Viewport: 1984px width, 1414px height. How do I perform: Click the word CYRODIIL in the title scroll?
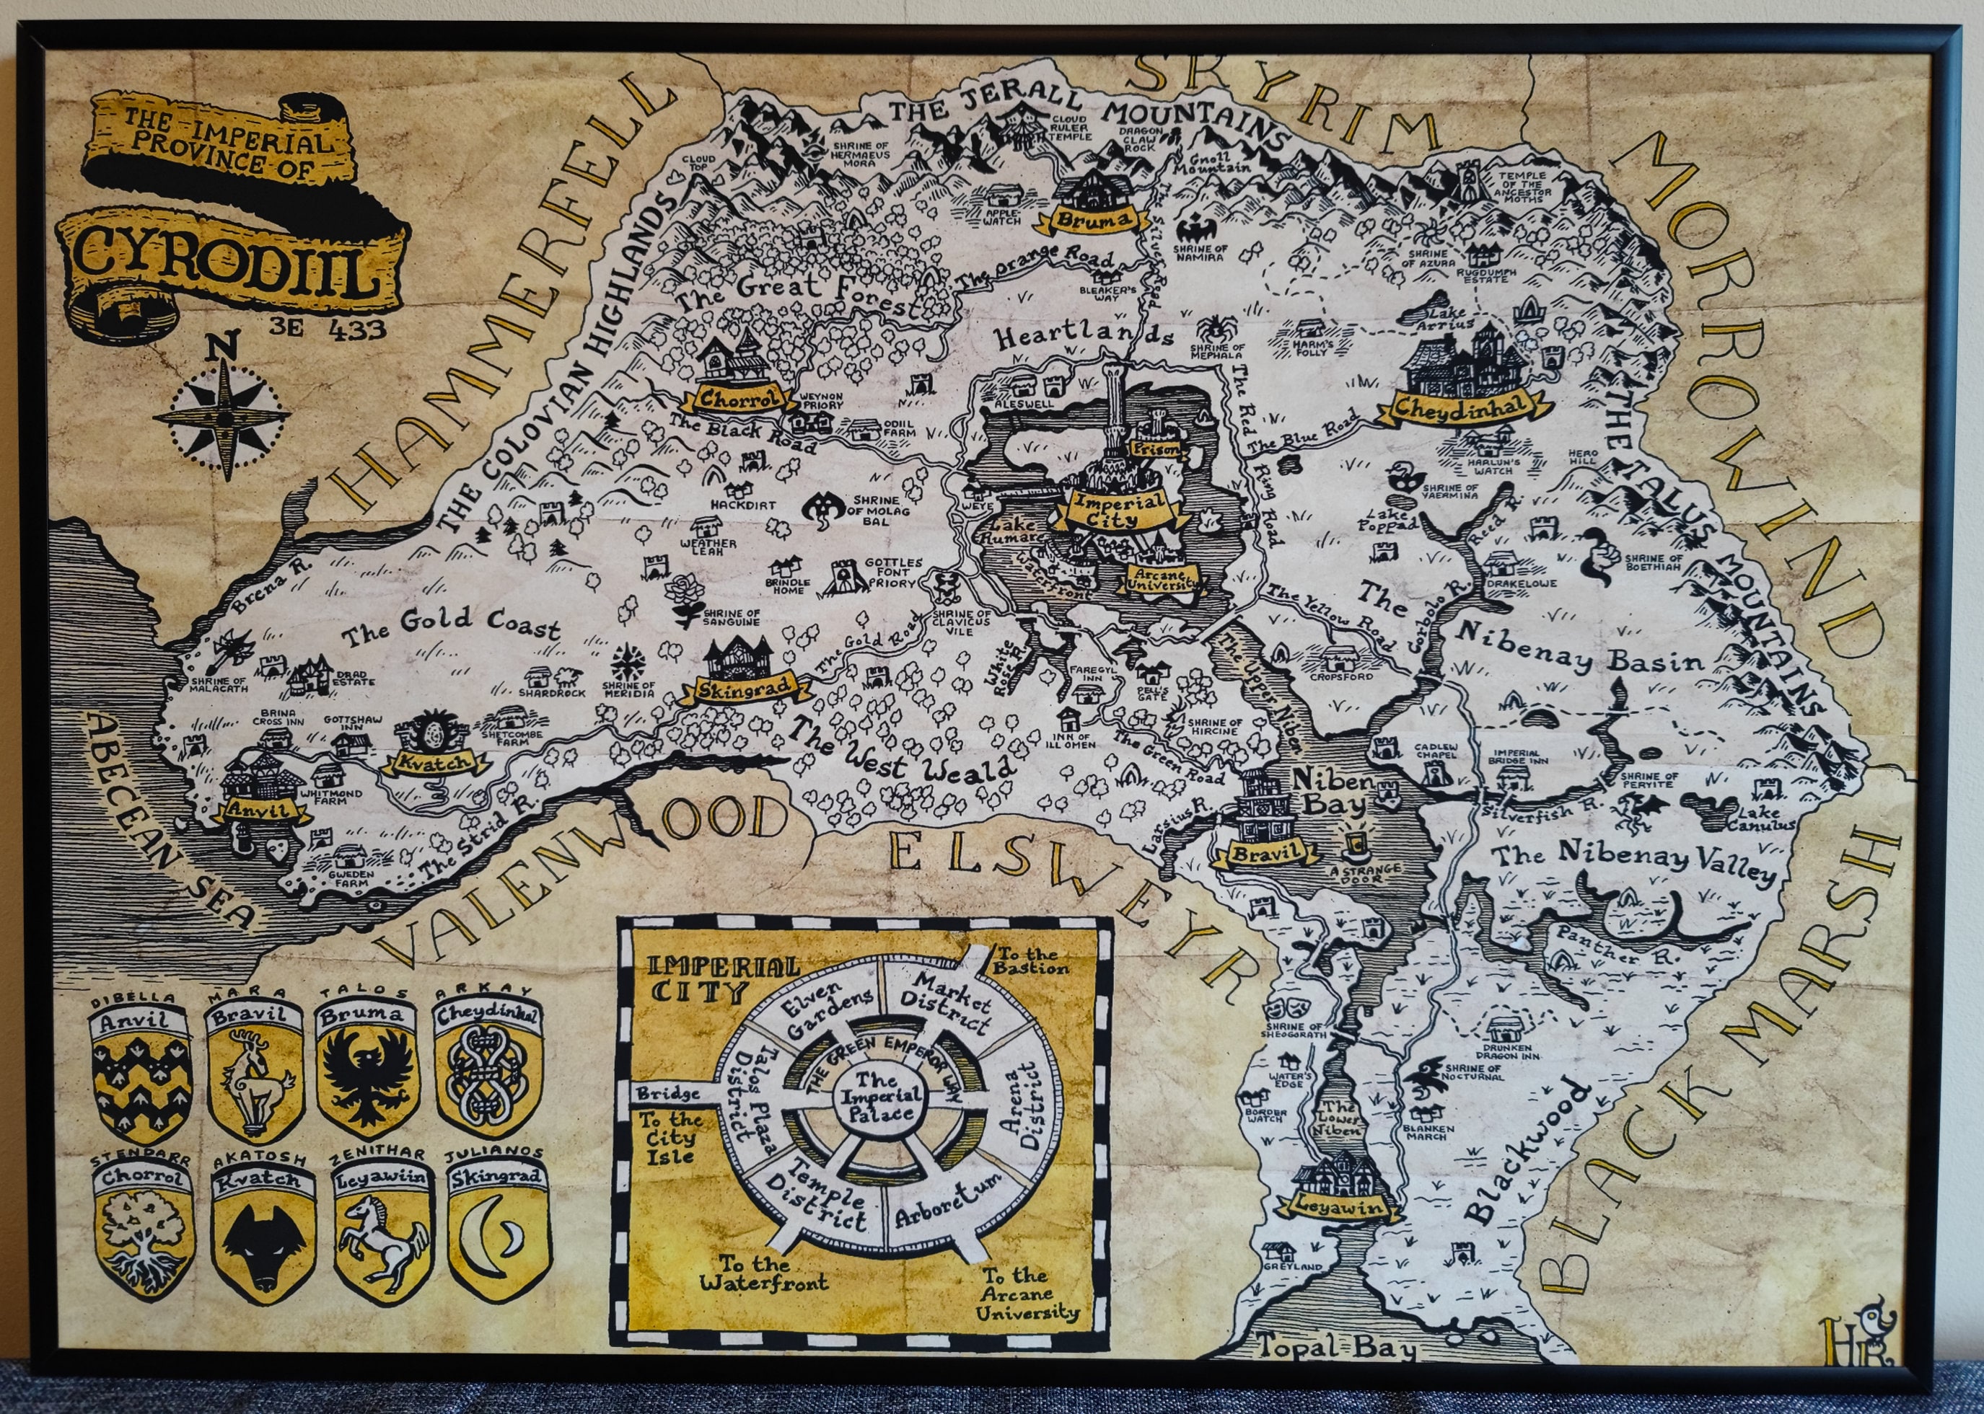(227, 257)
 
